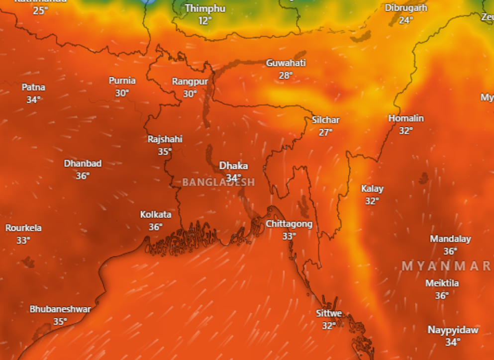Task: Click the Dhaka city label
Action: point(233,166)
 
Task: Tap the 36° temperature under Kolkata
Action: point(156,227)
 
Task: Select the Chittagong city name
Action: point(289,224)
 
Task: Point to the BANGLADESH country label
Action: point(218,182)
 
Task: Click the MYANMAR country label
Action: point(447,266)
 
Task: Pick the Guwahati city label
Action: point(286,63)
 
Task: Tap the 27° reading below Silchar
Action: point(326,132)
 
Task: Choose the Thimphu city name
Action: point(205,8)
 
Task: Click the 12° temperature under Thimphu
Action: point(205,20)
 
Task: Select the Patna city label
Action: point(33,88)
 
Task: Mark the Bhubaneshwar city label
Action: point(60,309)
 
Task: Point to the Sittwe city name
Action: point(329,314)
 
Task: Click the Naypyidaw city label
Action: point(453,330)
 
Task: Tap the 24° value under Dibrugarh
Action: point(406,20)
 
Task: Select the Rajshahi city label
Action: point(165,139)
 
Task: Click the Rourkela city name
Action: point(23,228)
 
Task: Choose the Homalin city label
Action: point(406,118)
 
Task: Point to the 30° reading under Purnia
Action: point(122,93)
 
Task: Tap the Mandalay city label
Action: point(450,239)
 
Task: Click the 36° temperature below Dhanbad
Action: point(83,176)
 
